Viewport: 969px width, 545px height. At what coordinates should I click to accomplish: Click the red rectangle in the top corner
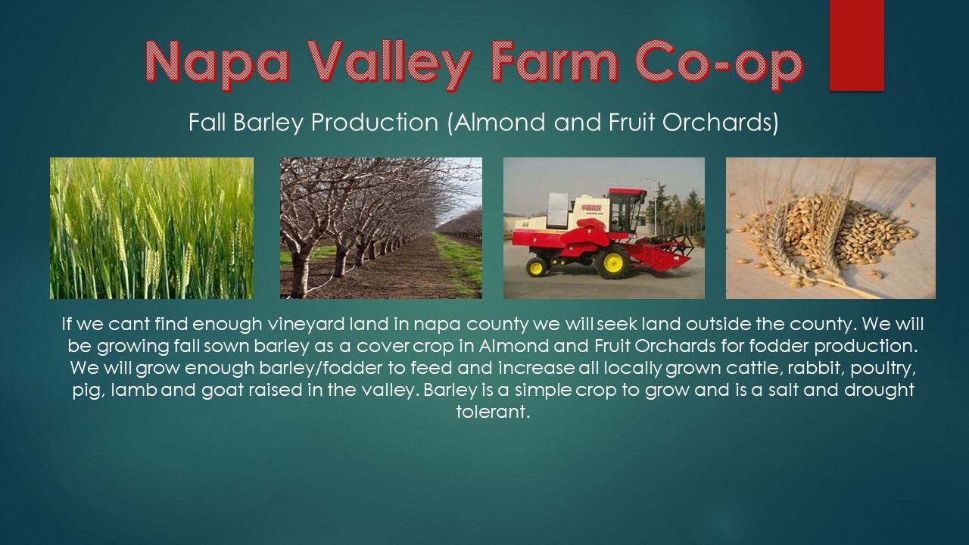(856, 45)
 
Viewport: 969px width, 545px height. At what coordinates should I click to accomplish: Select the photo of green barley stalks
(151, 228)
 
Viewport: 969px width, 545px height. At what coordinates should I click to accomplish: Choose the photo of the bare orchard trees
(381, 228)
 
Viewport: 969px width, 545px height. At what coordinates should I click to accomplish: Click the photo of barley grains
(830, 228)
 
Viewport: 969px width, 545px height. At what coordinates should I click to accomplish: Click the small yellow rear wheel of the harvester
(537, 266)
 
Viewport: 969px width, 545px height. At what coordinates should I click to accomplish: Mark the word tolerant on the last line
(491, 413)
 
